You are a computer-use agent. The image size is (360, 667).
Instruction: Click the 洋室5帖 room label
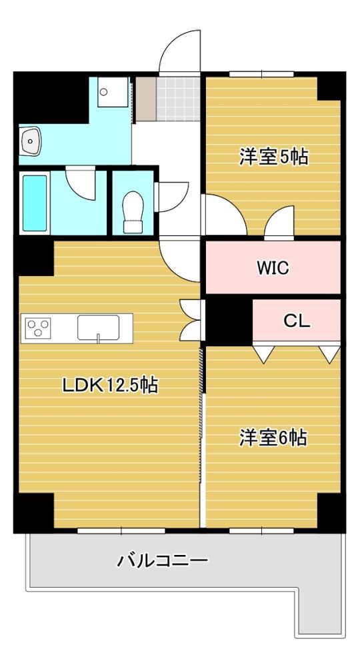273,157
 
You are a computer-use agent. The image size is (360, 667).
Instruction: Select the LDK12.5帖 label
110,386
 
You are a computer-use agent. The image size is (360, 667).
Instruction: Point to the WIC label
273,268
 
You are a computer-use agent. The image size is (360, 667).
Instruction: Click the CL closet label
297,321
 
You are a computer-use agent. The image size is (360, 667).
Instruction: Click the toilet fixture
133,212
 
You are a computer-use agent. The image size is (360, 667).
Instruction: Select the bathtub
35,203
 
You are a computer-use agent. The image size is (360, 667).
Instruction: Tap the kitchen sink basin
98,327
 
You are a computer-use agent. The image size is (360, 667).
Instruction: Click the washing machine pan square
113,92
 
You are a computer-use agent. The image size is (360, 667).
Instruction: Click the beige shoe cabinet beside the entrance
146,99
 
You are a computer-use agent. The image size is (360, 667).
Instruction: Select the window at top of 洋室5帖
261,74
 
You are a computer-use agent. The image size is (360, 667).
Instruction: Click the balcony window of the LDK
121,530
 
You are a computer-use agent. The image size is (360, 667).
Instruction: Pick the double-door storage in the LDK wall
192,320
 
